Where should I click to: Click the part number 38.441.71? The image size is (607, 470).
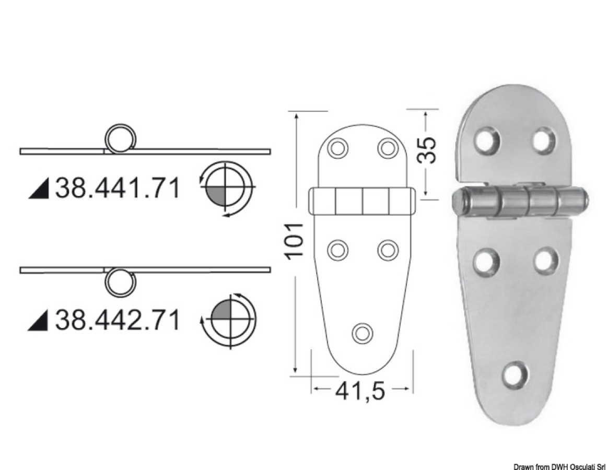point(117,188)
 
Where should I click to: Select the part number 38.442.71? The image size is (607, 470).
point(117,320)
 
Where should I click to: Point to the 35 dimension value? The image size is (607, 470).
point(427,150)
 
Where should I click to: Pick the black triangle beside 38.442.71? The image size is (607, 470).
point(39,321)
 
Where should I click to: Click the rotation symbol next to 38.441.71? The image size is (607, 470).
point(226,187)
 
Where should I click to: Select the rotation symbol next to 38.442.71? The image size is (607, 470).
point(229,319)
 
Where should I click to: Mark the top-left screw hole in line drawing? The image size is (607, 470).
point(338,148)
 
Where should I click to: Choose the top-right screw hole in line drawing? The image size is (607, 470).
point(388,148)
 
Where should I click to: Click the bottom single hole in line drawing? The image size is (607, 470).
point(361,332)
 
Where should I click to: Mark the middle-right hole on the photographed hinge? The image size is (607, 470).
point(545,261)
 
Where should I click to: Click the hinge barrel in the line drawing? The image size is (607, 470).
point(363,202)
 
